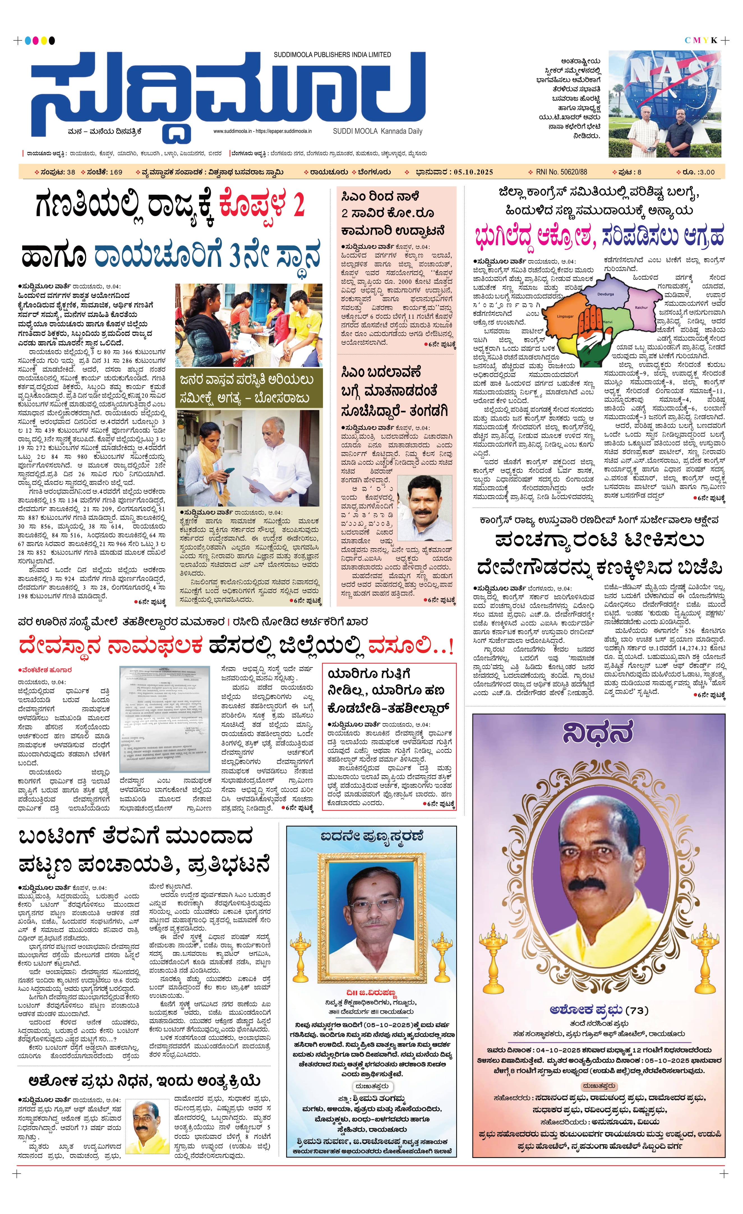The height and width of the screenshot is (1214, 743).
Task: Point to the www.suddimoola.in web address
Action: (232, 131)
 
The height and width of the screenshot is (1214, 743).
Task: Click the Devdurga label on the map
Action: (606, 294)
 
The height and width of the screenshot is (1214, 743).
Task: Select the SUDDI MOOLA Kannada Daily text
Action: (377, 131)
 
